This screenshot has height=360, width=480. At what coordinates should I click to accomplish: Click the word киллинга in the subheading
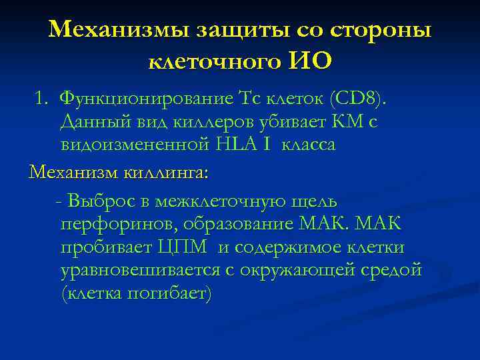point(166,173)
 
